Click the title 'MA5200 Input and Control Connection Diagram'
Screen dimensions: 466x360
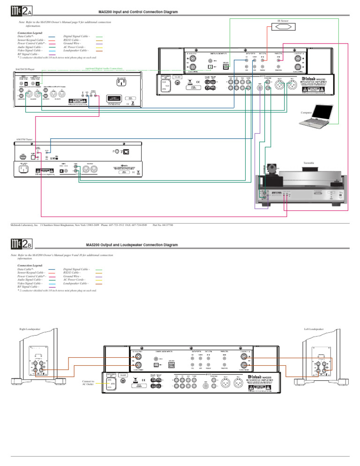pos(138,12)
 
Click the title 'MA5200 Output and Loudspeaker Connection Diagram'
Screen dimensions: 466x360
pos(132,245)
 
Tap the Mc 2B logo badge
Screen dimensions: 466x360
pos(21,244)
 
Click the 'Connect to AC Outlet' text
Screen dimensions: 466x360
pos(88,383)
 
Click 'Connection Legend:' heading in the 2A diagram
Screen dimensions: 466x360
pos(30,33)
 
